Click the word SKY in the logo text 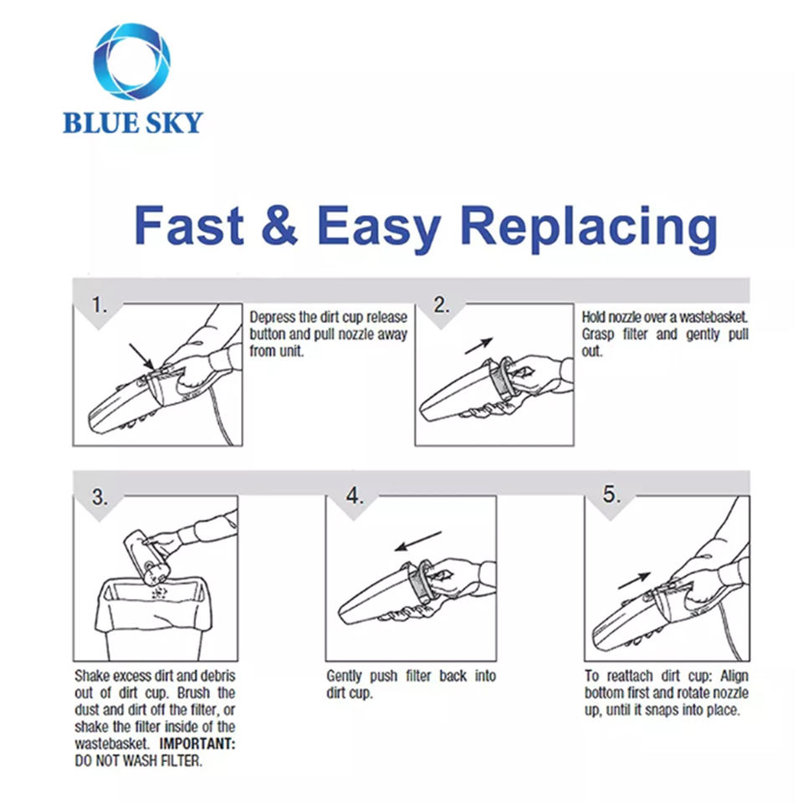(171, 123)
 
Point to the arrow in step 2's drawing (479, 345)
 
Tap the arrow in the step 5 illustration (635, 579)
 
